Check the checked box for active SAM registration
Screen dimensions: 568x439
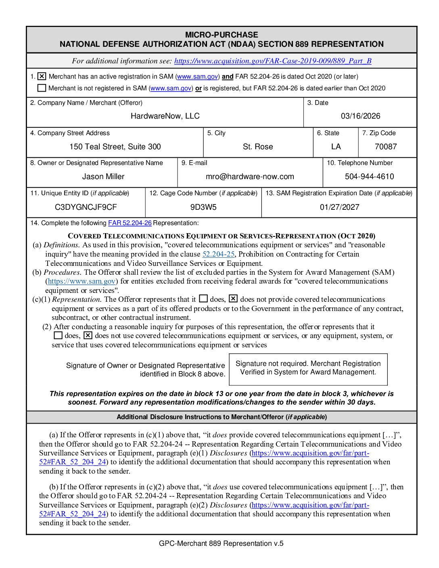point(42,76)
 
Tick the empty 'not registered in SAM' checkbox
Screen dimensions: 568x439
point(42,88)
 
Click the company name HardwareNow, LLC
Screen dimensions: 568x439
point(165,116)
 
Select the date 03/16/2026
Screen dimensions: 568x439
point(360,116)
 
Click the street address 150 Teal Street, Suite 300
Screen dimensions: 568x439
point(115,147)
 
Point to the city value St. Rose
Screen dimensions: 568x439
point(258,147)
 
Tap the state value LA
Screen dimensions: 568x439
point(336,147)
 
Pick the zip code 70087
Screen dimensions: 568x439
point(386,147)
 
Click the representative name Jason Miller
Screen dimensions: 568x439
point(103,177)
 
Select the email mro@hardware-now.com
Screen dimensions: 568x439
point(250,177)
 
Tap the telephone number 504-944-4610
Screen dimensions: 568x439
point(369,177)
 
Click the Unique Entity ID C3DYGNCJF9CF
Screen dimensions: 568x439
point(86,207)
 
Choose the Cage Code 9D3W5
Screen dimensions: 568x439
point(203,207)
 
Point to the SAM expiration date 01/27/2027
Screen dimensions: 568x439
point(339,207)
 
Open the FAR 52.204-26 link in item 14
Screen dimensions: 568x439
point(130,223)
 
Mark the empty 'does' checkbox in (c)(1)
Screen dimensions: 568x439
point(203,299)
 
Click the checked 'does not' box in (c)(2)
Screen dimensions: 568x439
point(88,335)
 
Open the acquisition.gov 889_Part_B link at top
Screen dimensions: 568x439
point(273,61)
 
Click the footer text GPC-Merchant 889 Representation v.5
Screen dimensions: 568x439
point(221,543)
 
